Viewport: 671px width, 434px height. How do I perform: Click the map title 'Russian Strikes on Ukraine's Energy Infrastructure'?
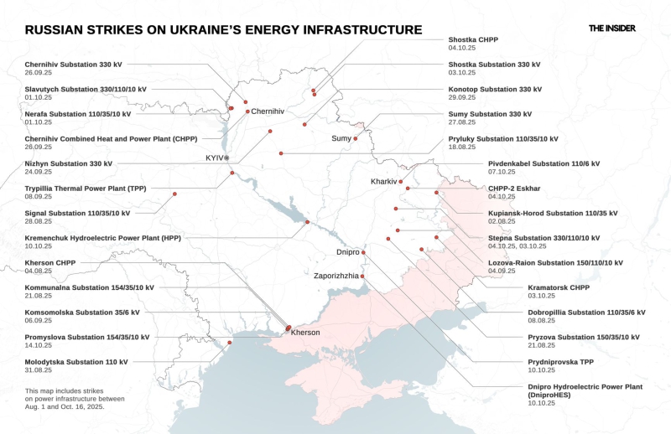(x=223, y=30)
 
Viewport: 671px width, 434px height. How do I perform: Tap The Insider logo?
(x=611, y=28)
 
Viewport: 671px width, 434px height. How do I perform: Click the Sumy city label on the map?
(x=341, y=138)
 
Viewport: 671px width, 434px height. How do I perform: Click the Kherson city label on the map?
(x=305, y=333)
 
